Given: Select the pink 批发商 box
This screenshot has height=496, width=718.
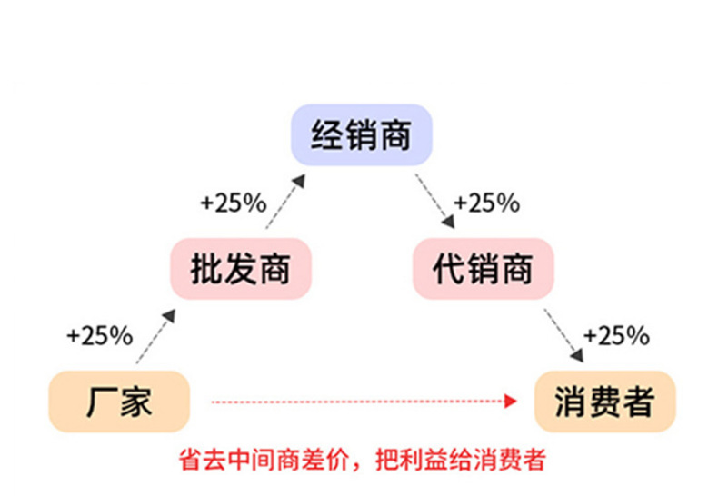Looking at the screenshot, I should coord(240,269).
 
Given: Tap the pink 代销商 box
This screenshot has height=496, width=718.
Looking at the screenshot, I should coord(482,269).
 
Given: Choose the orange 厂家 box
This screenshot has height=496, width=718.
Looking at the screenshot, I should coord(118,402).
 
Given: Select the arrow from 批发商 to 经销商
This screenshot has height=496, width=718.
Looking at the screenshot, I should coord(283,203).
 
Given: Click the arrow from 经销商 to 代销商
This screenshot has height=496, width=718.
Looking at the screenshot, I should coord(434,201).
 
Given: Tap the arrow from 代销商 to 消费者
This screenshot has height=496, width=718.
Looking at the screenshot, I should coord(563,334).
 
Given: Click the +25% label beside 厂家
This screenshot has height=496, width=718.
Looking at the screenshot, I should coord(100,336).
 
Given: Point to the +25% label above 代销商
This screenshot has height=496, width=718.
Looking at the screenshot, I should coord(486,203).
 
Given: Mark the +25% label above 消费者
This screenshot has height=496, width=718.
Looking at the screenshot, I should coord(616,336).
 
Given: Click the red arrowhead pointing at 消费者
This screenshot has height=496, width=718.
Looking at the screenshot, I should coord(512,400).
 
